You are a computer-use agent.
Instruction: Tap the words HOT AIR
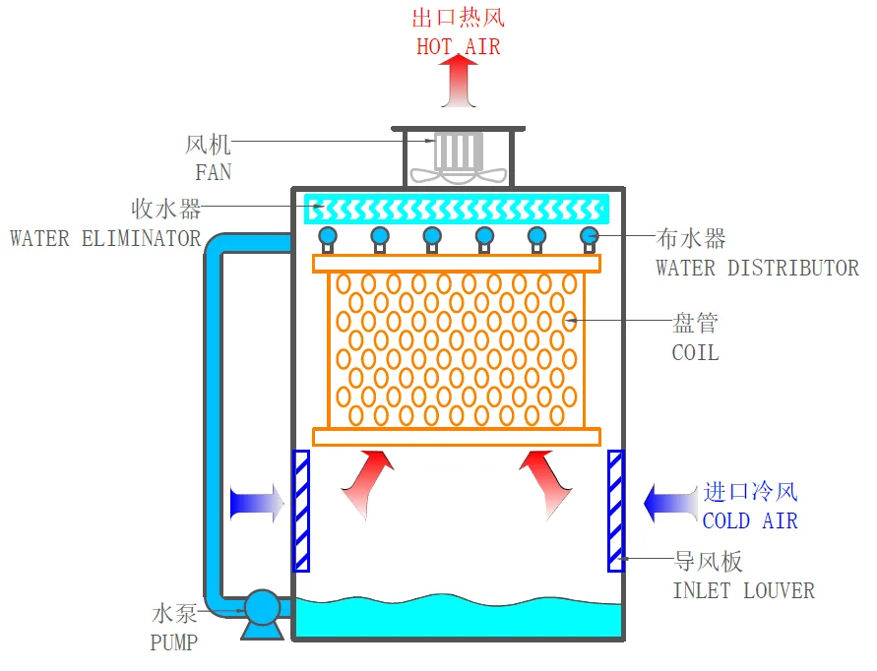coord(458,47)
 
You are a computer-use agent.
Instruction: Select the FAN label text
coord(213,172)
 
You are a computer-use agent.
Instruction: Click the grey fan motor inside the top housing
coord(458,151)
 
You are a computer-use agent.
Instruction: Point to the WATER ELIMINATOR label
coord(105,239)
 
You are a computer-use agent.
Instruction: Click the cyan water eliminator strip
coord(457,210)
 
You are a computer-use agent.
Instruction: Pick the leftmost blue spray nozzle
coord(328,239)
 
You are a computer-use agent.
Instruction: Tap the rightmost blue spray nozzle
coord(589,239)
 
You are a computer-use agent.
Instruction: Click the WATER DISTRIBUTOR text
coord(757,269)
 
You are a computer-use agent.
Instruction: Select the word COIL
coord(695,353)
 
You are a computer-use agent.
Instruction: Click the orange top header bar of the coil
coord(457,264)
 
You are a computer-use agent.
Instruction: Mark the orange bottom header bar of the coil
coord(457,437)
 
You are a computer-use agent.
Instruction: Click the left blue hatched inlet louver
coord(301,511)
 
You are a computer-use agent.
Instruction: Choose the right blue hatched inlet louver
coord(616,511)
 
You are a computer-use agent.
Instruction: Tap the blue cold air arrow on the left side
coord(257,504)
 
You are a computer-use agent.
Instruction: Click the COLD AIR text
coord(750,521)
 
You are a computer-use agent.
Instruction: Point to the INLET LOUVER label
coord(743,591)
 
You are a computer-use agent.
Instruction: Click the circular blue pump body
coord(263,607)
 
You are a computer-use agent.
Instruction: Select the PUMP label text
coord(174,642)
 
